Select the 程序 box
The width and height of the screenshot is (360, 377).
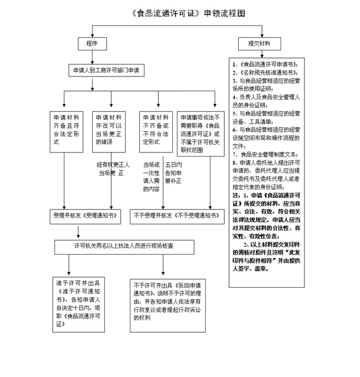coord(92,43)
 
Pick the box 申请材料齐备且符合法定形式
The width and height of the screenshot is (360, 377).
coord(67,129)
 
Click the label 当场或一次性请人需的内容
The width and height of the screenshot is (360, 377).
coord(151,176)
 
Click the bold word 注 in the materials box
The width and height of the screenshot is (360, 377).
coord(235,196)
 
